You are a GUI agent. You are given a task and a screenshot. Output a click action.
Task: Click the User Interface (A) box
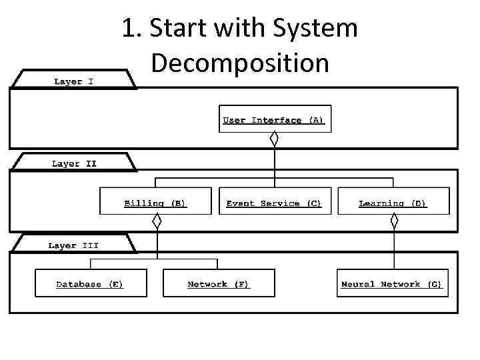point(275,119)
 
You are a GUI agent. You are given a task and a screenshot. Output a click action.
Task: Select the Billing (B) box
point(155,201)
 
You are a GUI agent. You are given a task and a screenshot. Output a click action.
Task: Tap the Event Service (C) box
point(274,201)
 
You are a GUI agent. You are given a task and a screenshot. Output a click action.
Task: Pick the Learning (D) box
point(393,201)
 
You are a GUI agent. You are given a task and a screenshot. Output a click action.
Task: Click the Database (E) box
point(90,283)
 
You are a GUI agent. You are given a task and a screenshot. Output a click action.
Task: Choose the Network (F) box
point(219,283)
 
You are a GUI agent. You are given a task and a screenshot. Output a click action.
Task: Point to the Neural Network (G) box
point(392,283)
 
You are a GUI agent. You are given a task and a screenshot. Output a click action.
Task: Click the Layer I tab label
point(73,81)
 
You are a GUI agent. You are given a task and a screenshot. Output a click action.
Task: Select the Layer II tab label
point(74,163)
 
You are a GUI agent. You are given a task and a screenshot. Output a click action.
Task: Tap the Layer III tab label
point(73,245)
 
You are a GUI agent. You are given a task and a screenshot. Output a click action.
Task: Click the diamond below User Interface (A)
point(273,139)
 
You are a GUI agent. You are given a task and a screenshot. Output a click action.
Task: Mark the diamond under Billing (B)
point(157,221)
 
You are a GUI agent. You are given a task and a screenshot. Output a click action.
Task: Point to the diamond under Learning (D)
point(394,221)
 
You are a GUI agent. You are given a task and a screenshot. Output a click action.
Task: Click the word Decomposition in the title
point(240,63)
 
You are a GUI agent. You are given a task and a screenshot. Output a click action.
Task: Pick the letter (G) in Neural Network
point(435,284)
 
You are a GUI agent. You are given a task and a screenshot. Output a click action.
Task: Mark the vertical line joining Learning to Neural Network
point(394,248)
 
